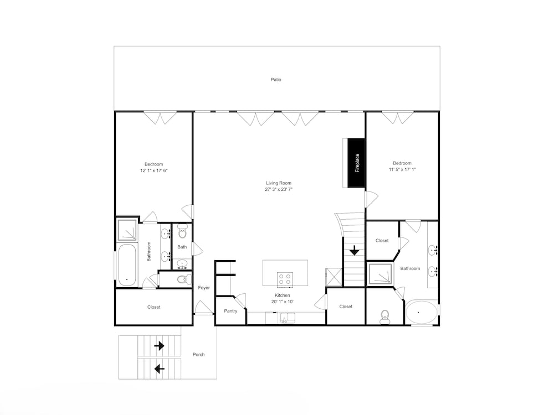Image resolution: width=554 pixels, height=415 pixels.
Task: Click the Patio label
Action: point(276,80)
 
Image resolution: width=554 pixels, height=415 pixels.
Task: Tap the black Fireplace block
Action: point(356,163)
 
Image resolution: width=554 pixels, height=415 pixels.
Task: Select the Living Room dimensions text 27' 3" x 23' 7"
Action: point(279,189)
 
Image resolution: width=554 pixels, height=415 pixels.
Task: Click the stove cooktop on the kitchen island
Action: point(285,279)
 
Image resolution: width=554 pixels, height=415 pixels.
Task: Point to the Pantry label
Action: point(230,311)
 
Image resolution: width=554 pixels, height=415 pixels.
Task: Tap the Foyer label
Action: point(204,288)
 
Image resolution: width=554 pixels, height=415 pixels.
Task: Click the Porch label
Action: point(198,355)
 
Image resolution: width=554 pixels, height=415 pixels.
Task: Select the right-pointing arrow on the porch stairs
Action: point(160,346)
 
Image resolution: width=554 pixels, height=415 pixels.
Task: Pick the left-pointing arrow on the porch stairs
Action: point(160,369)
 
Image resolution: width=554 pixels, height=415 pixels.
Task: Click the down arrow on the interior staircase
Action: point(355,251)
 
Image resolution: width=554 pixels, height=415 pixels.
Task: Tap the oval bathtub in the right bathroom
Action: point(421,312)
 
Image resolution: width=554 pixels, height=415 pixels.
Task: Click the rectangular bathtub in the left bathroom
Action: point(127,264)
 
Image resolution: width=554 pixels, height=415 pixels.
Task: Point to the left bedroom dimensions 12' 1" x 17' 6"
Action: point(153,170)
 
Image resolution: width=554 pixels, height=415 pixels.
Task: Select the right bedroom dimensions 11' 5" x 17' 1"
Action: point(402,169)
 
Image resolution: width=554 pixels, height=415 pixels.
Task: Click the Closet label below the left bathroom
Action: point(153,307)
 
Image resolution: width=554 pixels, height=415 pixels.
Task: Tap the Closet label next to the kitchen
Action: point(346,307)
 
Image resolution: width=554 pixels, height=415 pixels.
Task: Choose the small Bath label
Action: point(182,247)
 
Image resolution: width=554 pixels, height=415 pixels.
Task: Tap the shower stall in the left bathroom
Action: point(127,230)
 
